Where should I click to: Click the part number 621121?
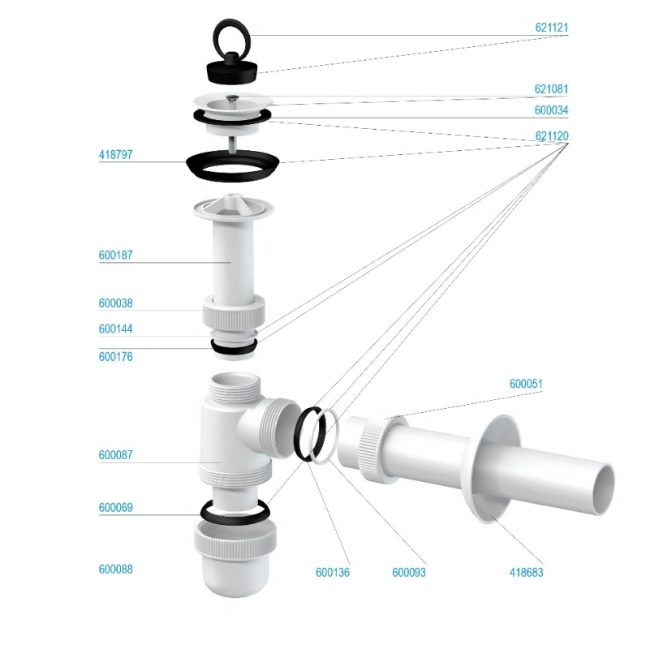[x=552, y=28]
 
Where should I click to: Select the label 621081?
[x=552, y=89]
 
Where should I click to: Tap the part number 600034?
[x=552, y=110]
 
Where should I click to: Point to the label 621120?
[x=552, y=136]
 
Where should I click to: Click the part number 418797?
[x=116, y=155]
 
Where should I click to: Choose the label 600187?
[x=116, y=255]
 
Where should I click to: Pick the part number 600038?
[x=116, y=303]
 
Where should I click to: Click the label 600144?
[x=116, y=329]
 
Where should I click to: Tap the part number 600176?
[x=116, y=357]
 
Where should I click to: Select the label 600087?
[x=116, y=455]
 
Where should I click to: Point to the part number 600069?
[x=116, y=507]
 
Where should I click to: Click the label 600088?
[x=116, y=569]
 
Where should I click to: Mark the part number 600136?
[x=333, y=573]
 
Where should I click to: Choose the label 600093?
[x=409, y=573]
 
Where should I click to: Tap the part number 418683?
[x=527, y=573]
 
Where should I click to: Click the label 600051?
[x=527, y=384]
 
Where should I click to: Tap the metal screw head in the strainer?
[x=230, y=98]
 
